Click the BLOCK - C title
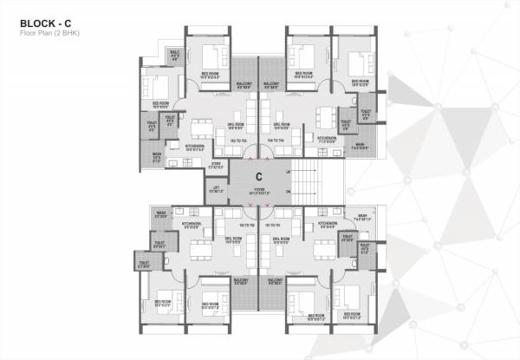click(x=45, y=20)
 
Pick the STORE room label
click(x=217, y=166)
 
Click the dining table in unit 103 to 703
click(x=201, y=121)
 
